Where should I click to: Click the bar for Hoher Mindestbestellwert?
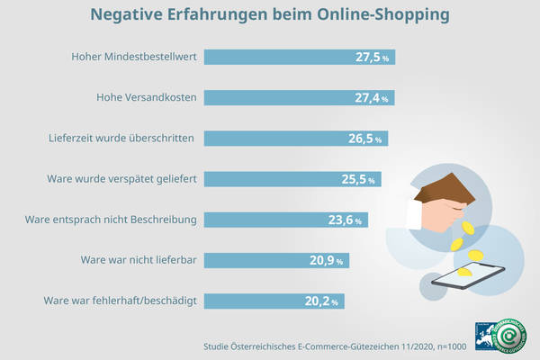click(x=288, y=57)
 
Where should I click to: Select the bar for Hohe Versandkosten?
click(x=288, y=97)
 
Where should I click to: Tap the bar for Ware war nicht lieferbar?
click(x=270, y=260)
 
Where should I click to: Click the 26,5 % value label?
click(x=366, y=139)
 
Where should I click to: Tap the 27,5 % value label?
click(x=373, y=57)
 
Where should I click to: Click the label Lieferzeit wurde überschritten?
click(x=122, y=139)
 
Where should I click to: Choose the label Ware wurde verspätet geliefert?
click(x=121, y=179)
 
